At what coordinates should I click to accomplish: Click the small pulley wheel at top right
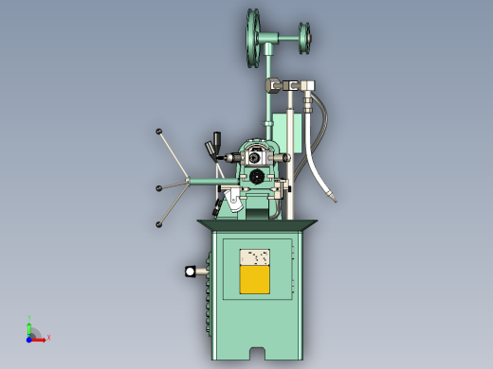point(304,39)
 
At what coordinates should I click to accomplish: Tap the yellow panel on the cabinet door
point(254,280)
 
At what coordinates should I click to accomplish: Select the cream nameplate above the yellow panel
point(254,257)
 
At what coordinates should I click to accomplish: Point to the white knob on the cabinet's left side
point(192,272)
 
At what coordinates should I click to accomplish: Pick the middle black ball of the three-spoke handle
point(159,187)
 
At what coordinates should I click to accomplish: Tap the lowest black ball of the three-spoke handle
point(158,224)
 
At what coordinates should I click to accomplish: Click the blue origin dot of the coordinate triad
point(29,338)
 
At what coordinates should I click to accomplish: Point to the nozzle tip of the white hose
point(333,198)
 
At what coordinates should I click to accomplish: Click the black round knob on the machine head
point(257,176)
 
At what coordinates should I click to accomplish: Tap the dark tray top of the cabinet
point(258,225)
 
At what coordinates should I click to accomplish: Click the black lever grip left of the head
point(217,143)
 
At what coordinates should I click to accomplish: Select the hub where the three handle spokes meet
point(190,181)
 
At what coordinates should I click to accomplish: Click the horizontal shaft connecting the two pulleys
point(281,40)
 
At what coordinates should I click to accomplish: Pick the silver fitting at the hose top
point(308,87)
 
